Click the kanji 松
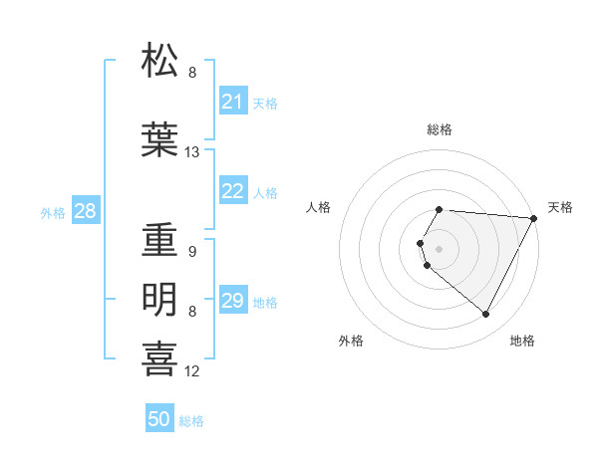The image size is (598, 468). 160,62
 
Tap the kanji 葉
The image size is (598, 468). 160,138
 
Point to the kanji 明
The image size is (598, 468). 160,298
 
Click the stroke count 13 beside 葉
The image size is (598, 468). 192,152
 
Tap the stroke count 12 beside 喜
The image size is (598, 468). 192,371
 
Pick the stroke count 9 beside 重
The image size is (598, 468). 191,252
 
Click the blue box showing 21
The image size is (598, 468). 232,102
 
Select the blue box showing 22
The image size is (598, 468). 232,191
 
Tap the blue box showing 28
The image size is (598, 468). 85,211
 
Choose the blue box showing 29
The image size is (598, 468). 232,301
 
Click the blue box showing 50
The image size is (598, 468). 158,419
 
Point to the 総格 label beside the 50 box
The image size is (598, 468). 191,421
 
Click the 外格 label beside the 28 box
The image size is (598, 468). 53,213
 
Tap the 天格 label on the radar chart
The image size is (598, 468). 560,207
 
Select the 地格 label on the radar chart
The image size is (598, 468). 522,341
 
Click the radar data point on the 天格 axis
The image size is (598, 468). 534,218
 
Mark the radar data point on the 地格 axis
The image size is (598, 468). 486,315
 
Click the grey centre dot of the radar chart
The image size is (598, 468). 440,248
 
